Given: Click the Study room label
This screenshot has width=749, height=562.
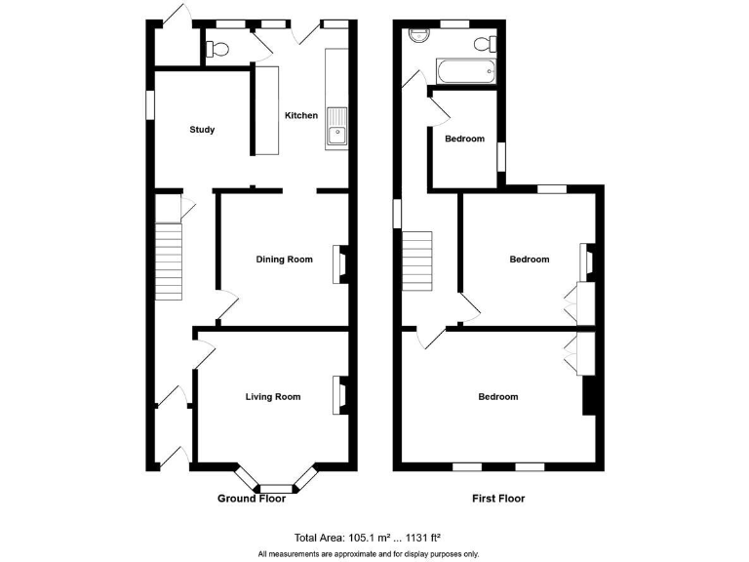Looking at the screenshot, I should pos(202,130).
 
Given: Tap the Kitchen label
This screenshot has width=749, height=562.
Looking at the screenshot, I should pos(300,115).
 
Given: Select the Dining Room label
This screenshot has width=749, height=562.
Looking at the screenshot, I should pos(284,259).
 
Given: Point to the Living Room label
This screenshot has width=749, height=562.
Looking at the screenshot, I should pos(272,396).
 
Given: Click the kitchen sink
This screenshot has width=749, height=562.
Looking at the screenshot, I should pos(337,126).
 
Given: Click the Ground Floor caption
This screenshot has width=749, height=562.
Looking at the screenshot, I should pos(251,499).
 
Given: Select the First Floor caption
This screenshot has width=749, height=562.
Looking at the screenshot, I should pos(498,499).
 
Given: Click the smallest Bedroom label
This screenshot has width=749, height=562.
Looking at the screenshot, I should pos(464,139).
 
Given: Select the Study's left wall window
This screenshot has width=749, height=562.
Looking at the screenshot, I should pos(150,106).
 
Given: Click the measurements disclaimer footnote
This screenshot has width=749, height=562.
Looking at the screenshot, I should pos(369,553).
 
